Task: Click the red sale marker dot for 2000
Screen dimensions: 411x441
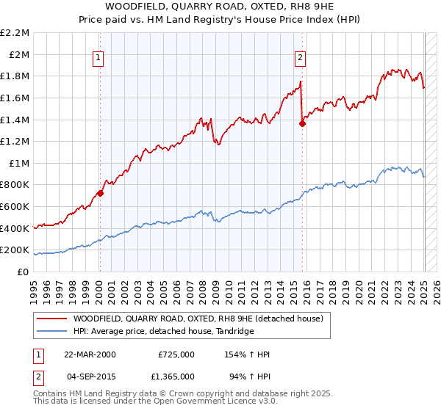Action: click(100, 194)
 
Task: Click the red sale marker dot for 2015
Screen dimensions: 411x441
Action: click(302, 124)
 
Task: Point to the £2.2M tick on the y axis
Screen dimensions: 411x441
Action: click(15, 33)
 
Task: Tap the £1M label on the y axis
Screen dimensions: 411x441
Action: click(20, 163)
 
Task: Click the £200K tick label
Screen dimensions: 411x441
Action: click(16, 250)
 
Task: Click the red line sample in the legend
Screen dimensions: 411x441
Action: click(51, 319)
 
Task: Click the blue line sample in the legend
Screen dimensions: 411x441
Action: click(51, 331)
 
